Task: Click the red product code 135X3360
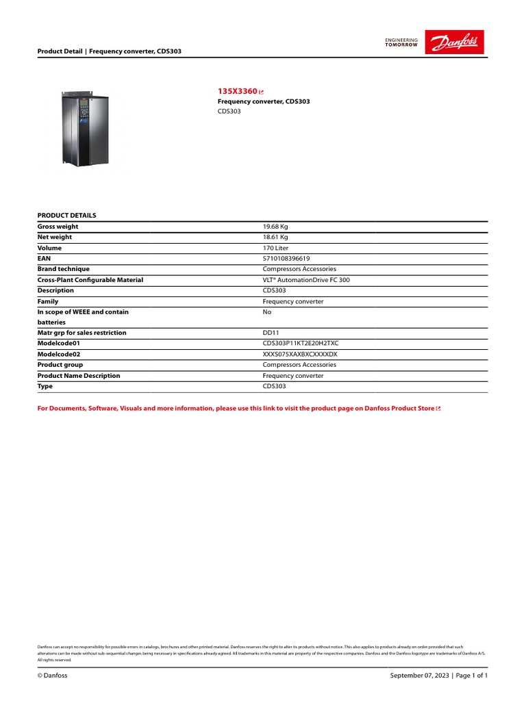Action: coord(237,91)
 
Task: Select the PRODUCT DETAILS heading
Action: coord(66,215)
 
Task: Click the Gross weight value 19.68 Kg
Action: coord(280,227)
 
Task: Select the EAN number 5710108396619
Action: coord(286,259)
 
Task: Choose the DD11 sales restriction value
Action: coord(271,333)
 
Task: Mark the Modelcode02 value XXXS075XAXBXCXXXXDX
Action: coord(301,355)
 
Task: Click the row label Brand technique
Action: coord(63,269)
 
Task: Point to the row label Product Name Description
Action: coord(78,376)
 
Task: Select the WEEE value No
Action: coord(267,312)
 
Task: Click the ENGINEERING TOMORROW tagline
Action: coord(401,43)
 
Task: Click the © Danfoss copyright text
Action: coord(52,676)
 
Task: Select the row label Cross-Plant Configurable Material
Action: coord(90,280)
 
